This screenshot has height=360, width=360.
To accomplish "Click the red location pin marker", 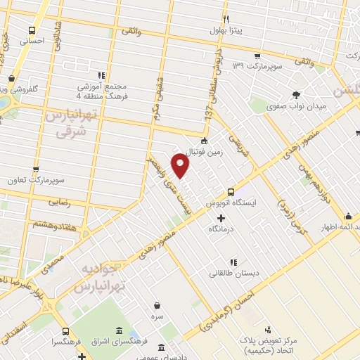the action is point(181,166).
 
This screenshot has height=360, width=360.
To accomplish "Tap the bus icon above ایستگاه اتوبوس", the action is point(231,192).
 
